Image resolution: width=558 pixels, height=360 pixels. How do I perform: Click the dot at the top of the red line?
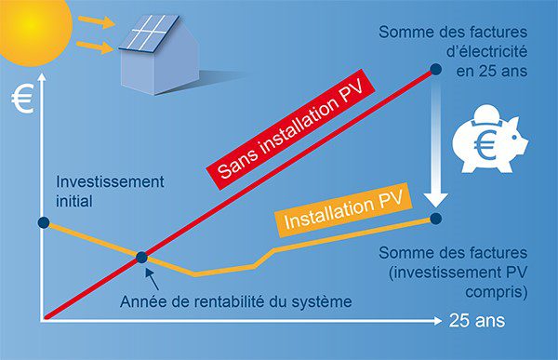click(434, 69)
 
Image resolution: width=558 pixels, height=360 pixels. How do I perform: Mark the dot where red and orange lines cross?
click(141, 257)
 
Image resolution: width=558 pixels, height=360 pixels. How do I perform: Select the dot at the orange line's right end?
click(438, 218)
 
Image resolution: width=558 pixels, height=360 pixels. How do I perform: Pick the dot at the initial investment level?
click(43, 222)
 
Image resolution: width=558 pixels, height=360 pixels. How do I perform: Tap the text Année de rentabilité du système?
click(238, 301)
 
